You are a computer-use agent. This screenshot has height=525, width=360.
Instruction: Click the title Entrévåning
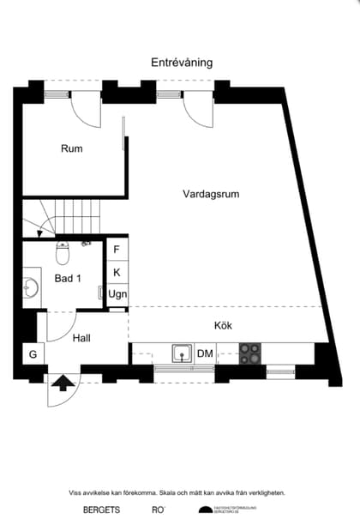(x=182, y=63)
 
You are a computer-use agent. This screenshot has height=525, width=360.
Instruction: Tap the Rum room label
(x=72, y=148)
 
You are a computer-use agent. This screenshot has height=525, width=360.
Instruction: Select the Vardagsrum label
(x=211, y=194)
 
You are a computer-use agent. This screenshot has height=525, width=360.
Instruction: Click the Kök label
(x=223, y=325)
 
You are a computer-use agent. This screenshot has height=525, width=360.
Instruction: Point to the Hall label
(x=82, y=338)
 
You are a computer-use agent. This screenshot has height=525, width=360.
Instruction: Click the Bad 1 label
(x=68, y=279)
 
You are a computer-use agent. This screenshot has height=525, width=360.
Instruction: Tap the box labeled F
(x=117, y=250)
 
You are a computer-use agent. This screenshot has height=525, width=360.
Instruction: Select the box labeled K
(x=117, y=272)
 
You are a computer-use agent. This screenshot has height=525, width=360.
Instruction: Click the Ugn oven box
(x=117, y=293)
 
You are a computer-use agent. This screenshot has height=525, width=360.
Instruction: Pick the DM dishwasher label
(x=206, y=353)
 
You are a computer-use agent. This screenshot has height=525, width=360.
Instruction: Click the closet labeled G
(x=33, y=353)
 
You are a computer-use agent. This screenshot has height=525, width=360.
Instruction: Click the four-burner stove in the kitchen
(x=250, y=353)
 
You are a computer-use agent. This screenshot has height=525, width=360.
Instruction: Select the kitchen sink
(x=182, y=353)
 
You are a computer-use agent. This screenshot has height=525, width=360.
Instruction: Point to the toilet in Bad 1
(x=62, y=253)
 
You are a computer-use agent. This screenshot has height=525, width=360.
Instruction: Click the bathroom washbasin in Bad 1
(x=32, y=286)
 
